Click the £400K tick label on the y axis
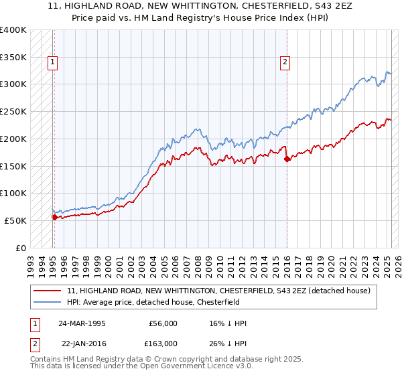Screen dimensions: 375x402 pos(13,30)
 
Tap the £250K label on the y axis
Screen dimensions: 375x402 pos(13,112)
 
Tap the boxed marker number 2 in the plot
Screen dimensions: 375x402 pos(285,62)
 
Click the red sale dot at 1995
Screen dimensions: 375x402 pos(54,217)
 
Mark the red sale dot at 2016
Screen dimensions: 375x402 pos(287,159)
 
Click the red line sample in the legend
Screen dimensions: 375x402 pos(48,291)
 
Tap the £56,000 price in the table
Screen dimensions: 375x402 pos(163,323)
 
